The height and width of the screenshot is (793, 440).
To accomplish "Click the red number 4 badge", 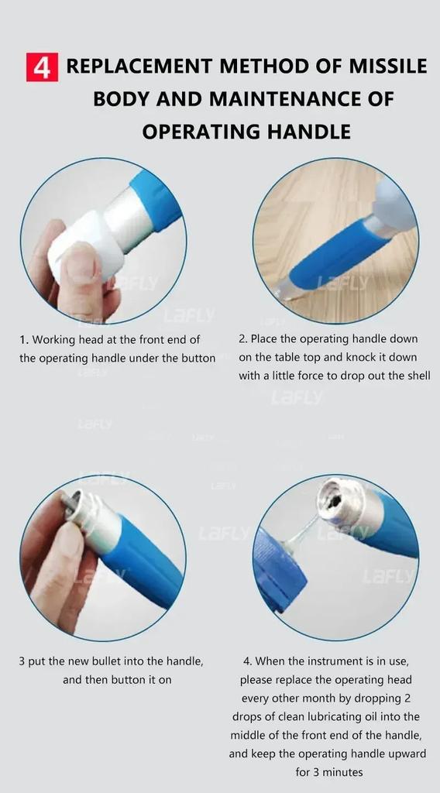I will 42,67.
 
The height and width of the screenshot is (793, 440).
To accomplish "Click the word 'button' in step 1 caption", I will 198,359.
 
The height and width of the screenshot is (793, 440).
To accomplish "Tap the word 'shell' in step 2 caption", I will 414,376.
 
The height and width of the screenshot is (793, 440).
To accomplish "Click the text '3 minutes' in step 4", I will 328,772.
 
